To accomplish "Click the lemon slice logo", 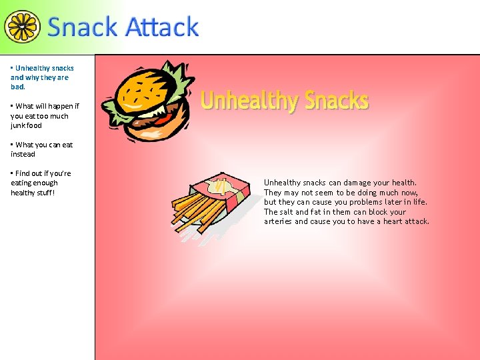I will tap(22, 26).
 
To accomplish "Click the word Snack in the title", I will tap(82, 27).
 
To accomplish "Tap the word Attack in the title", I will tap(162, 27).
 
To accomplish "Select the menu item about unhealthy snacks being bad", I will tap(42, 77).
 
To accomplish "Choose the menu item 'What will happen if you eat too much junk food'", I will tap(45, 115).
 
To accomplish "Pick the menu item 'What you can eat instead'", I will tap(41, 149).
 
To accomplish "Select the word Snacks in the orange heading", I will tap(337, 101).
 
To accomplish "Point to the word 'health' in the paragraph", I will tap(403, 183).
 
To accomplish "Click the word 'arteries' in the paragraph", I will tap(278, 221).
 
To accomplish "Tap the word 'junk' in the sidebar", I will tap(19, 125).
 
